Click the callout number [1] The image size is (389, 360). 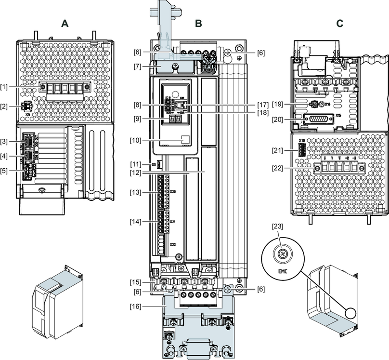[x=4, y=86]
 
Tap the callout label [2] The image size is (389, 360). [x=4, y=107]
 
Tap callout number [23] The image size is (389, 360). [x=278, y=226]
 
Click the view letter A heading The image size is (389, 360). [x=65, y=23]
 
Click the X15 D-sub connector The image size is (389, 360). [x=316, y=119]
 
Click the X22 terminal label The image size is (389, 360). [x=172, y=245]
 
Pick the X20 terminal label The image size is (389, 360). [x=173, y=191]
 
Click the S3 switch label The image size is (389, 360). [x=153, y=165]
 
